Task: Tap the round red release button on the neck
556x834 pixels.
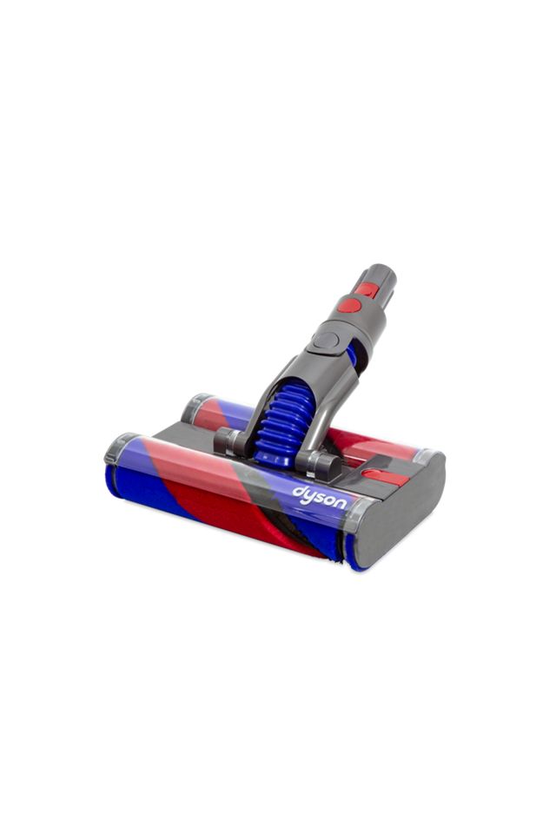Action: tap(349, 305)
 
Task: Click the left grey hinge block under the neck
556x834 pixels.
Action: tap(229, 441)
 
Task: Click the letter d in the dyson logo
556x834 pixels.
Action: tap(296, 491)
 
